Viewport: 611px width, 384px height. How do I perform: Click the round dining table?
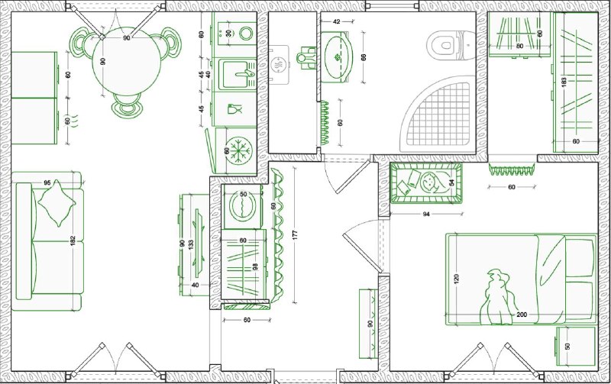[127, 61]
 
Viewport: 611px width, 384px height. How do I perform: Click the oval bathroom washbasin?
[337, 58]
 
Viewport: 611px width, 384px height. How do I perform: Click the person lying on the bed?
[497, 297]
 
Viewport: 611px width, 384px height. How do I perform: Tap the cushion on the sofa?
[57, 203]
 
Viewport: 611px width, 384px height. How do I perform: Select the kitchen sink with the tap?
[236, 74]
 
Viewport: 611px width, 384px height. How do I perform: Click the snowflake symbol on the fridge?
[239, 150]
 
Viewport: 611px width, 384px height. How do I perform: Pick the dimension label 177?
[295, 235]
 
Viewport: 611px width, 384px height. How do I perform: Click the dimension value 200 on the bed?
[522, 315]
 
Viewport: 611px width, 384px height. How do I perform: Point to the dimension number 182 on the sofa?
[73, 241]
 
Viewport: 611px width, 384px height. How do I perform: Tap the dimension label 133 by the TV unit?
[191, 244]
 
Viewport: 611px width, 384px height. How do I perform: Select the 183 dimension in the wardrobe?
[564, 82]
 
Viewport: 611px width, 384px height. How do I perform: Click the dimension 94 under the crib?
[426, 214]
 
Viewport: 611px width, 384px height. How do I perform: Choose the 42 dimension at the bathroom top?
[337, 22]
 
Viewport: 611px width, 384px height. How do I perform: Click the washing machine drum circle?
[243, 206]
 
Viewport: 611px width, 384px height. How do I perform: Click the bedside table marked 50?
[576, 346]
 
